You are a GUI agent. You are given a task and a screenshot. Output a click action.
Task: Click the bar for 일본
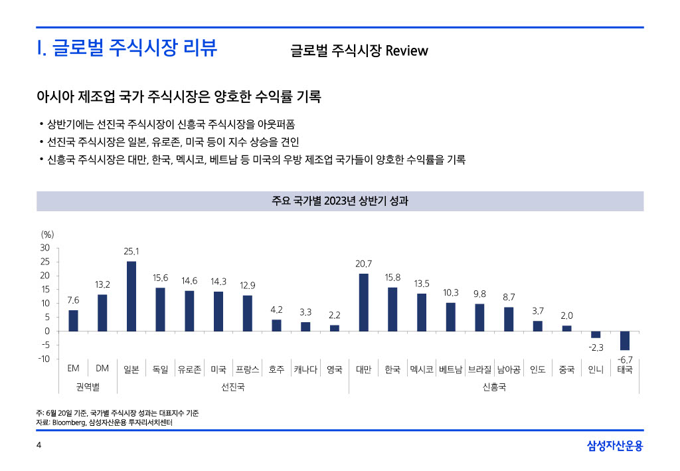pos(131,296)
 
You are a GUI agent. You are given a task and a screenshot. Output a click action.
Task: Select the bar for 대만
pos(363,302)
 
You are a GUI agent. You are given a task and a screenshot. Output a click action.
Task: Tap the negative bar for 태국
pos(625,340)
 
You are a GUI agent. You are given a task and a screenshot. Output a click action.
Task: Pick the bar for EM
pos(73,320)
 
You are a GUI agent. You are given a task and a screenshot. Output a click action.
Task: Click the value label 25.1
pos(131,252)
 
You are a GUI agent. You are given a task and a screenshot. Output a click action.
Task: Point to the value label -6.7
pos(625,359)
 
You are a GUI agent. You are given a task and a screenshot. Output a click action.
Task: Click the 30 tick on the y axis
pos(45,248)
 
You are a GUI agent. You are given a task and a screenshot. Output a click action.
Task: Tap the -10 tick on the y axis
pos(44,359)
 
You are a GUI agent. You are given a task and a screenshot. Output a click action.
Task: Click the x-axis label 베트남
pos(450,369)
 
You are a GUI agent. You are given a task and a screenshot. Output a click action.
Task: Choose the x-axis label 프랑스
pos(248,369)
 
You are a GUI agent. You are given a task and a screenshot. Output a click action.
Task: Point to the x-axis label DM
pos(102,369)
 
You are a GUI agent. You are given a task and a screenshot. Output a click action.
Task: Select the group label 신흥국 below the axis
pos(494,386)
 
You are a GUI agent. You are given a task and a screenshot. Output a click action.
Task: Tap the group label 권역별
pos(88,386)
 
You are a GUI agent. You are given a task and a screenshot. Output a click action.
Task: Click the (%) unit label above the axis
pos(47,234)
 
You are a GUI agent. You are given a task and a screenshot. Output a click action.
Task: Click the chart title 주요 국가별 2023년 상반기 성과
pos(340,201)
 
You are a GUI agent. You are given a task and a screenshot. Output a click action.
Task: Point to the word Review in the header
pos(406,50)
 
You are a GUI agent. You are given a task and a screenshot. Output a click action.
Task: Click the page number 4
pos(39,445)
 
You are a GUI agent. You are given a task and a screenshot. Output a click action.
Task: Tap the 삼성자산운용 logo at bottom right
pos(615,446)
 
